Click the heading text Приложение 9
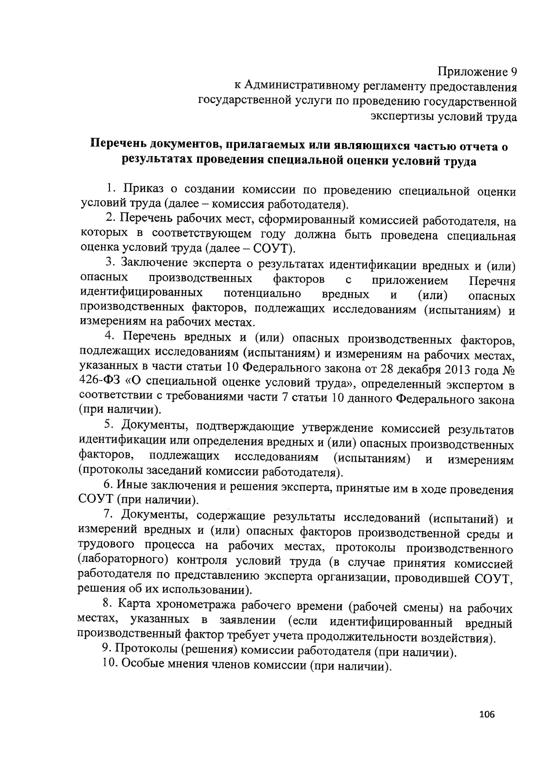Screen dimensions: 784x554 point(477,72)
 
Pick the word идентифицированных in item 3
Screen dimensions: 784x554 point(142,294)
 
